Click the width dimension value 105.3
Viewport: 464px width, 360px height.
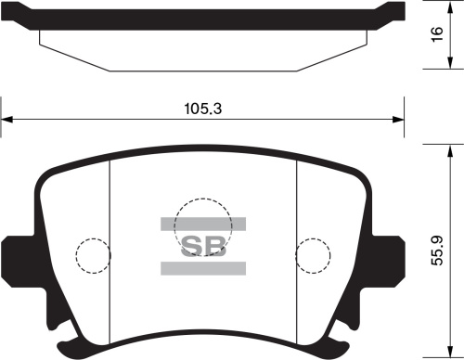click(x=202, y=109)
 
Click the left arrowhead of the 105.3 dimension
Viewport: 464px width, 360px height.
click(x=6, y=119)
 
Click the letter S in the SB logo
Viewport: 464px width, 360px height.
click(x=191, y=246)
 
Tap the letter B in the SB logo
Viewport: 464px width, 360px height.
click(x=215, y=246)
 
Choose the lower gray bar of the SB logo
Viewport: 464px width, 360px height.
click(x=203, y=268)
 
